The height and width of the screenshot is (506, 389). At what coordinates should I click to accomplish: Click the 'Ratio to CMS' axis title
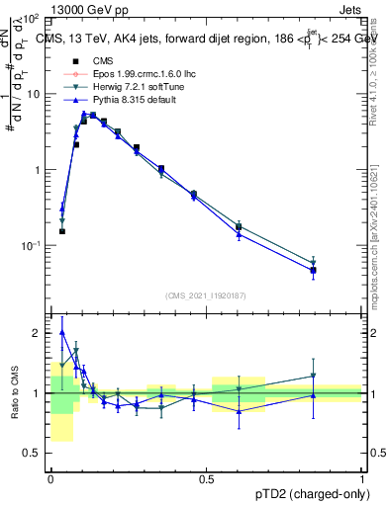tap(14, 393)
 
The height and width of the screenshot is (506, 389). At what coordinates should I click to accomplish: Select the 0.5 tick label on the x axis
tap(206, 479)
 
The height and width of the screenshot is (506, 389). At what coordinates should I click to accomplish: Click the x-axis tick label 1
tap(361, 479)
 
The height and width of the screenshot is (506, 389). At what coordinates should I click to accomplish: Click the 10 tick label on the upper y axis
tap(35, 94)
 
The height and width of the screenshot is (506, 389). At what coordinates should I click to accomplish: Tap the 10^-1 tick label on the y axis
tap(32, 246)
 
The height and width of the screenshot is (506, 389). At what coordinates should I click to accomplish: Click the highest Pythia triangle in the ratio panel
tap(62, 333)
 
